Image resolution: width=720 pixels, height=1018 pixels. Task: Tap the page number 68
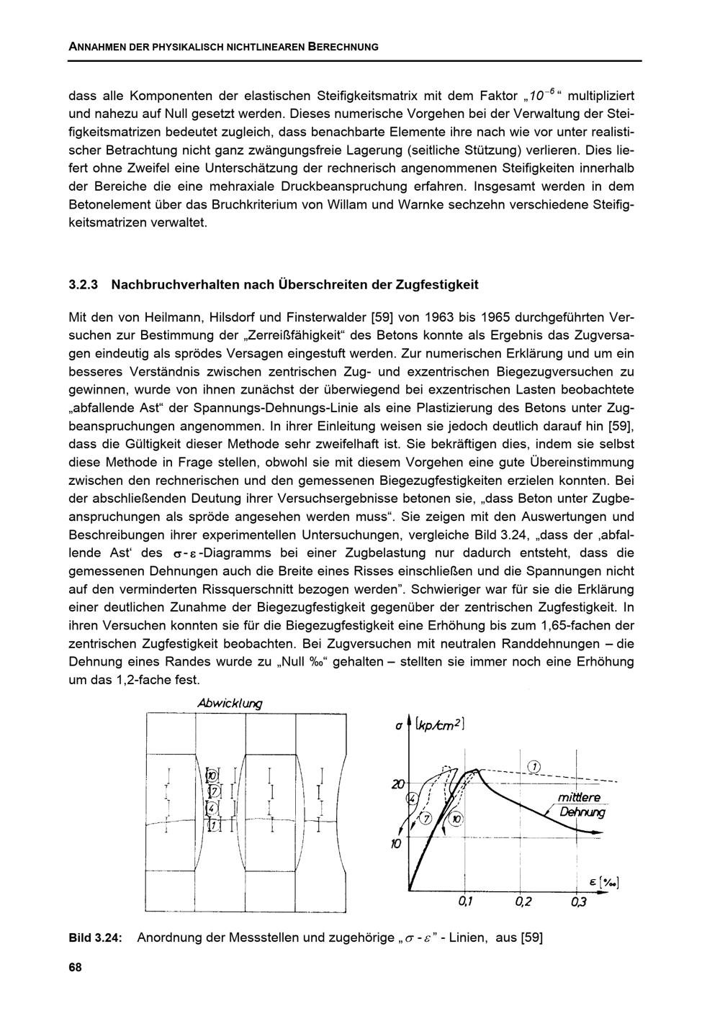75,968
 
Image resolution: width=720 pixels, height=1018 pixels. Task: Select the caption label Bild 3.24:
95,938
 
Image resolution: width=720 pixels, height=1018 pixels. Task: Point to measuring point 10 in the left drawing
212,776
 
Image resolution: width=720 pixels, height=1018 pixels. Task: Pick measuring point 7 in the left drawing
212,792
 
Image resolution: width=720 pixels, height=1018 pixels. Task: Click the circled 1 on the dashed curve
534,765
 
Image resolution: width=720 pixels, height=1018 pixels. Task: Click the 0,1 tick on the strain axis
466,902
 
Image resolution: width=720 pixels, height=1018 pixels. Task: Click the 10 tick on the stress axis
395,843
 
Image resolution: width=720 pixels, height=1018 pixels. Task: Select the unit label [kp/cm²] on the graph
441,726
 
